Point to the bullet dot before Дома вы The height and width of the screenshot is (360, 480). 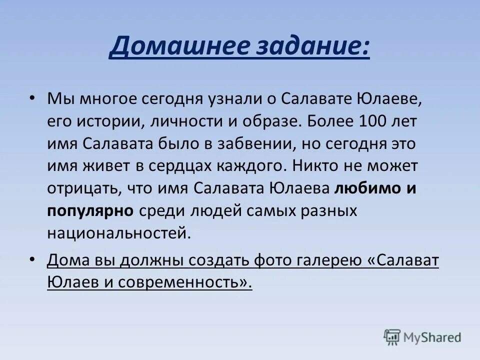[x=32, y=259]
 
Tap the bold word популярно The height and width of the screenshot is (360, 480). [x=90, y=211]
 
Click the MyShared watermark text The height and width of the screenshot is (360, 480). [x=433, y=337]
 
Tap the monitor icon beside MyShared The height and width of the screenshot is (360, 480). [x=392, y=337]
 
